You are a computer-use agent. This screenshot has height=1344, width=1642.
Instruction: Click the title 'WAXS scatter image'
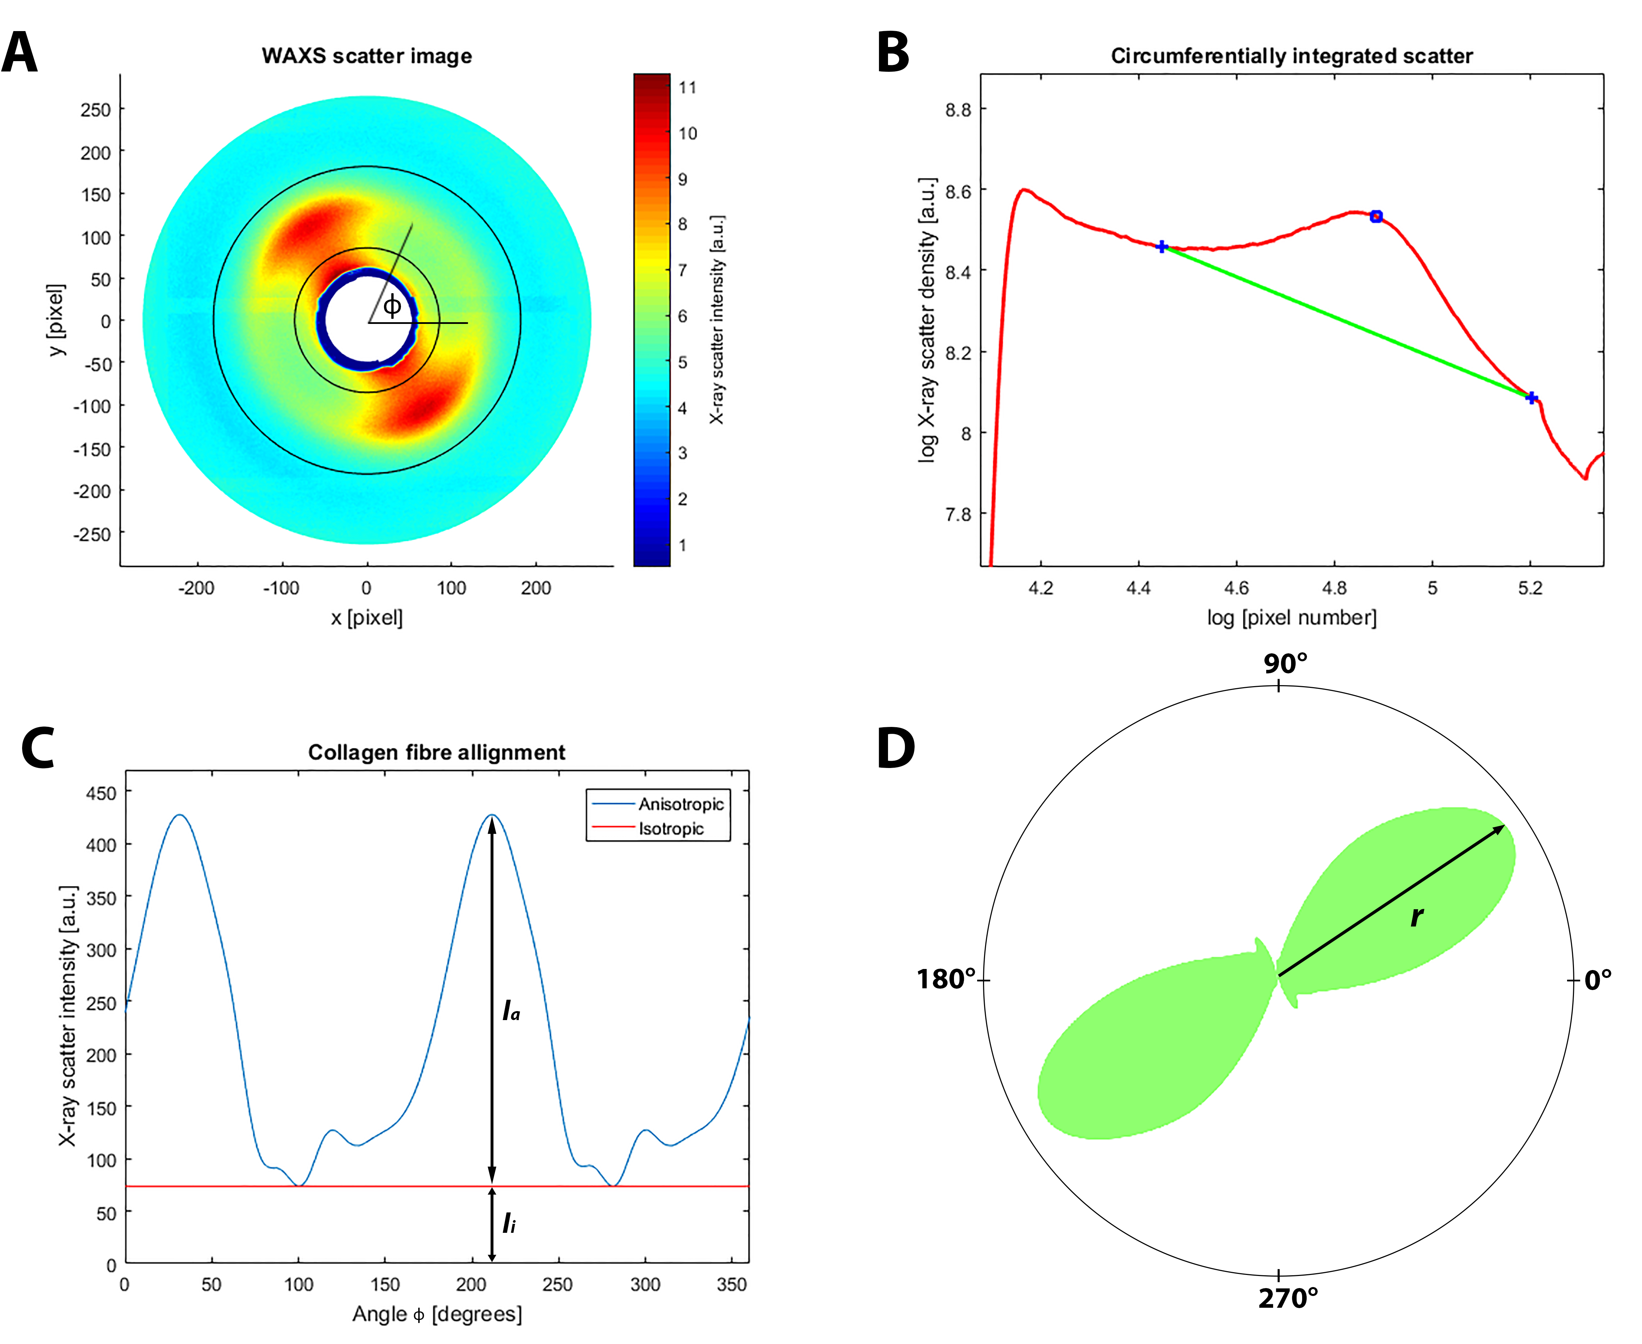(x=366, y=56)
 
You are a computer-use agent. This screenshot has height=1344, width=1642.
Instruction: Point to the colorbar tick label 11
(x=687, y=87)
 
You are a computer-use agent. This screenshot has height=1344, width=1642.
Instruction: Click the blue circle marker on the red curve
(x=1376, y=217)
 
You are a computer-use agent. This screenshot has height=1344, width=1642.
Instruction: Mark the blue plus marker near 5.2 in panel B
(x=1530, y=397)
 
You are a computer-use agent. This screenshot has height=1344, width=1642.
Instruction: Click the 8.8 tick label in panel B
(x=958, y=109)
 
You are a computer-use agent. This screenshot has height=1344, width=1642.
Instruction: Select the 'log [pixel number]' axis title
(x=1291, y=618)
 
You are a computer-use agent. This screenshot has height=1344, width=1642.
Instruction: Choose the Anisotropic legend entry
(x=680, y=804)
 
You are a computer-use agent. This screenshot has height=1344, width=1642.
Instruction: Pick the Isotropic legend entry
(x=670, y=829)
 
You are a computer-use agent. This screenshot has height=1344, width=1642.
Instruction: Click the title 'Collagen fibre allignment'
(x=437, y=752)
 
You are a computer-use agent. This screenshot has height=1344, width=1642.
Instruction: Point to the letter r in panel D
(x=1416, y=916)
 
